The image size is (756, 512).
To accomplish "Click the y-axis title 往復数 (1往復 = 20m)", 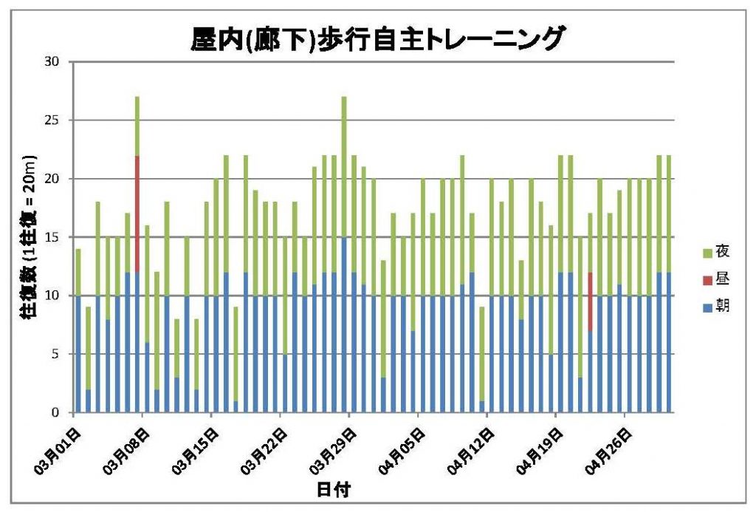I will tap(27, 236).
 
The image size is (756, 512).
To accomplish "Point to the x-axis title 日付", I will tap(333, 490).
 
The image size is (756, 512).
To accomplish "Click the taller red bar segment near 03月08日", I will tap(137, 214).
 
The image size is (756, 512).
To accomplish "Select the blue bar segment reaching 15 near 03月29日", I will tap(344, 325).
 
